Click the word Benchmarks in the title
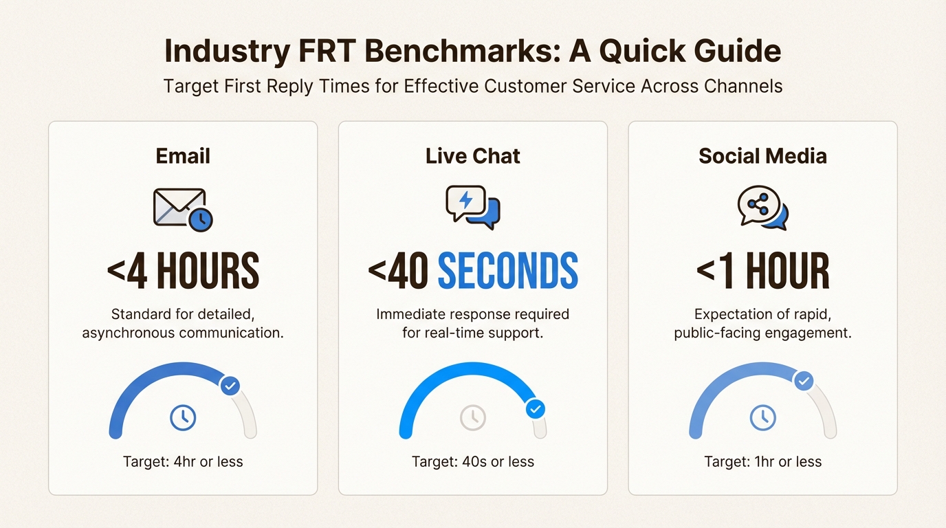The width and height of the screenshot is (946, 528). pyautogui.click(x=463, y=51)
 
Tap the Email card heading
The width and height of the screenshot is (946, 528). pyautogui.click(x=183, y=156)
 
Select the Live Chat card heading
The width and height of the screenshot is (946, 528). pyautogui.click(x=472, y=156)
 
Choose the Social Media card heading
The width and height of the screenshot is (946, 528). pyautogui.click(x=762, y=156)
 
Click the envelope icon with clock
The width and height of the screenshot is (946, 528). pyautogui.click(x=183, y=210)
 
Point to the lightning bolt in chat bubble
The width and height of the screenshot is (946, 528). pyautogui.click(x=466, y=199)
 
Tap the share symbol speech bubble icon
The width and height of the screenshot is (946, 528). pyautogui.click(x=762, y=208)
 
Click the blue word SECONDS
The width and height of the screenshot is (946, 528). pyautogui.click(x=508, y=270)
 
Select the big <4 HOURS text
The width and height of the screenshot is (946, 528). pyautogui.click(x=183, y=270)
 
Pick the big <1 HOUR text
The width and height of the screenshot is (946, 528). pyautogui.click(x=762, y=270)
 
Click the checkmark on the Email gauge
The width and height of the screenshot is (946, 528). pyautogui.click(x=230, y=386)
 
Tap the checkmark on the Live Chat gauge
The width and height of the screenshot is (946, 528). pyautogui.click(x=536, y=409)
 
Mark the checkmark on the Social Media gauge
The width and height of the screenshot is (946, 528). pyautogui.click(x=804, y=381)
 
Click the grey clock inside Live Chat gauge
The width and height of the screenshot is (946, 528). pyautogui.click(x=472, y=418)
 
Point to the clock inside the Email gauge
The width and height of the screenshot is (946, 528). pyautogui.click(x=183, y=418)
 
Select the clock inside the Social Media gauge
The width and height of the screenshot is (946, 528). pyautogui.click(x=762, y=418)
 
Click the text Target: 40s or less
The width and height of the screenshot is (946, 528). pyautogui.click(x=472, y=462)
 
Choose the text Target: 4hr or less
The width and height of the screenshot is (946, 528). pyautogui.click(x=183, y=462)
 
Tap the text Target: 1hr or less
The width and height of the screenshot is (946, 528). pyautogui.click(x=762, y=462)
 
